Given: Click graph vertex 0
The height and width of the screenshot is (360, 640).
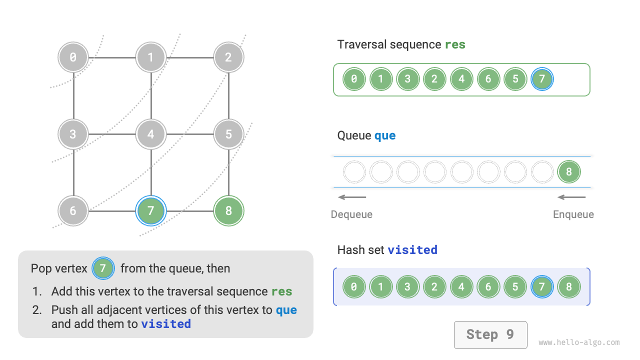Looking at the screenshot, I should click(73, 57).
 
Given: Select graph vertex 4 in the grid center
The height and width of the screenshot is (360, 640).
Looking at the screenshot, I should click(151, 134).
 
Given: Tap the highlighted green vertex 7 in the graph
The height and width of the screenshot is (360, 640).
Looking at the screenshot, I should click(151, 210).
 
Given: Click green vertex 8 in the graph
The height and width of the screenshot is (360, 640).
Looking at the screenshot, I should click(228, 210).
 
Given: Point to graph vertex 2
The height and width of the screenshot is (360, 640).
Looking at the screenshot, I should click(228, 57).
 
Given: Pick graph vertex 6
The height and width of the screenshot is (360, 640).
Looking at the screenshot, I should click(73, 210).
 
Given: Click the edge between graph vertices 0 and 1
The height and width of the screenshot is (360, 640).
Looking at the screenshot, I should click(112, 57).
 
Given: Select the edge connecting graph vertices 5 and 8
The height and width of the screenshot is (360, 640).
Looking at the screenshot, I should click(228, 172).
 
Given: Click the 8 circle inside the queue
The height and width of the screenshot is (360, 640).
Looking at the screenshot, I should click(569, 172).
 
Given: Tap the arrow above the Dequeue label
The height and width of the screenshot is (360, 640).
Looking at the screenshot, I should click(352, 197).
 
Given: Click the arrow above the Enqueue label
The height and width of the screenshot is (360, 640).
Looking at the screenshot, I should click(571, 197).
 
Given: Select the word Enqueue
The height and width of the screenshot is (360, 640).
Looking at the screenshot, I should click(573, 214).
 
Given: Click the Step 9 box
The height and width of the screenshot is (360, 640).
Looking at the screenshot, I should click(490, 334).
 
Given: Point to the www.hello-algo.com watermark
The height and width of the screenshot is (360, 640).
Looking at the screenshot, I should click(579, 342).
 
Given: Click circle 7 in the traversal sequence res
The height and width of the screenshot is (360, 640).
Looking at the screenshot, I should click(542, 79).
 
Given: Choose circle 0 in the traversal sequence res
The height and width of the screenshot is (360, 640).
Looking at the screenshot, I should click(354, 79).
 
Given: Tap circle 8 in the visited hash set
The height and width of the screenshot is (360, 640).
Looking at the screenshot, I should click(569, 287).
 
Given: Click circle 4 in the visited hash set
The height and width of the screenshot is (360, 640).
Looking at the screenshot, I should click(461, 287).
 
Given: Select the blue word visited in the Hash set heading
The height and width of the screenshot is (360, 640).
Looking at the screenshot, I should click(412, 249).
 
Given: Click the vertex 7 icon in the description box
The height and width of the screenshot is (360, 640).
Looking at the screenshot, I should click(103, 268).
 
